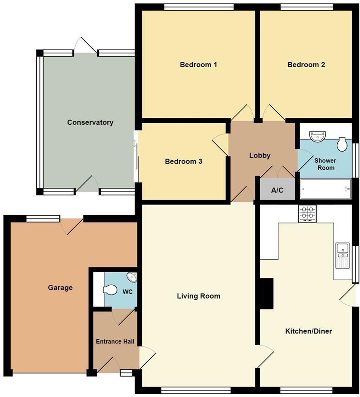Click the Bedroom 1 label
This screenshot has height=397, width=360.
[x=199, y=65]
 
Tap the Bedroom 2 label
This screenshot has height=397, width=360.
[x=306, y=65]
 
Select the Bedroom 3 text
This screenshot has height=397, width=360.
[x=183, y=162]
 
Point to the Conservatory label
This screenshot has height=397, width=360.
[x=90, y=122]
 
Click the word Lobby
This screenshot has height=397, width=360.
[x=260, y=156]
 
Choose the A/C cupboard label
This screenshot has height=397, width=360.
[x=277, y=190]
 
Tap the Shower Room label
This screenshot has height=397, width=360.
[x=325, y=164]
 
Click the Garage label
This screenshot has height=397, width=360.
[x=60, y=288]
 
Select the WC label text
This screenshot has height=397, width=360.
[x=128, y=292]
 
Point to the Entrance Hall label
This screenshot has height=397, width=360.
[x=115, y=342]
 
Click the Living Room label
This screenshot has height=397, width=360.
[x=199, y=296]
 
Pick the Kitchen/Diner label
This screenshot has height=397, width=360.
[x=309, y=331]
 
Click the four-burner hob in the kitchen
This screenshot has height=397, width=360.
[x=307, y=214]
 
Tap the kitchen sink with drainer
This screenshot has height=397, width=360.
[x=342, y=256]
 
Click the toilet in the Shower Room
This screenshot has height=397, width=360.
[x=342, y=144]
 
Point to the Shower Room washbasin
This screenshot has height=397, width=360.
[x=318, y=136]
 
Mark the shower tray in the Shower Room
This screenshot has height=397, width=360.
[x=325, y=189]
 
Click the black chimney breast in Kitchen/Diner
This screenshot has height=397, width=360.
[x=266, y=294]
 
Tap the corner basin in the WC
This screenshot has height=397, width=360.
[x=132, y=277]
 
